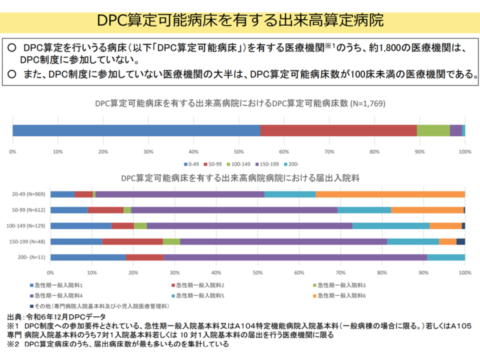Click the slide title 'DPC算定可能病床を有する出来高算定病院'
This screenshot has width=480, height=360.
[240, 19]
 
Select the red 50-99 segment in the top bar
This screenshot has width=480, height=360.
[338, 130]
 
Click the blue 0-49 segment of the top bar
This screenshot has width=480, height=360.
[136, 130]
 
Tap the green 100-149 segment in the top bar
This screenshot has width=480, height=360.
[433, 130]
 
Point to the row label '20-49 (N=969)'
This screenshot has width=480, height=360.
[27, 194]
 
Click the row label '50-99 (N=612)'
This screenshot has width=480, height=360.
[27, 210]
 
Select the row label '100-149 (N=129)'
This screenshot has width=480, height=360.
[26, 226]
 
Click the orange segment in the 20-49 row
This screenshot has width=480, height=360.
[390, 194]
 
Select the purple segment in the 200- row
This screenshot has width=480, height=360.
[295, 257]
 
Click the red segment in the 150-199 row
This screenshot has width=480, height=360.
[132, 241]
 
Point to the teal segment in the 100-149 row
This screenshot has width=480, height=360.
[391, 226]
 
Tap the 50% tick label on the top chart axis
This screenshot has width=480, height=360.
[238, 152]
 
